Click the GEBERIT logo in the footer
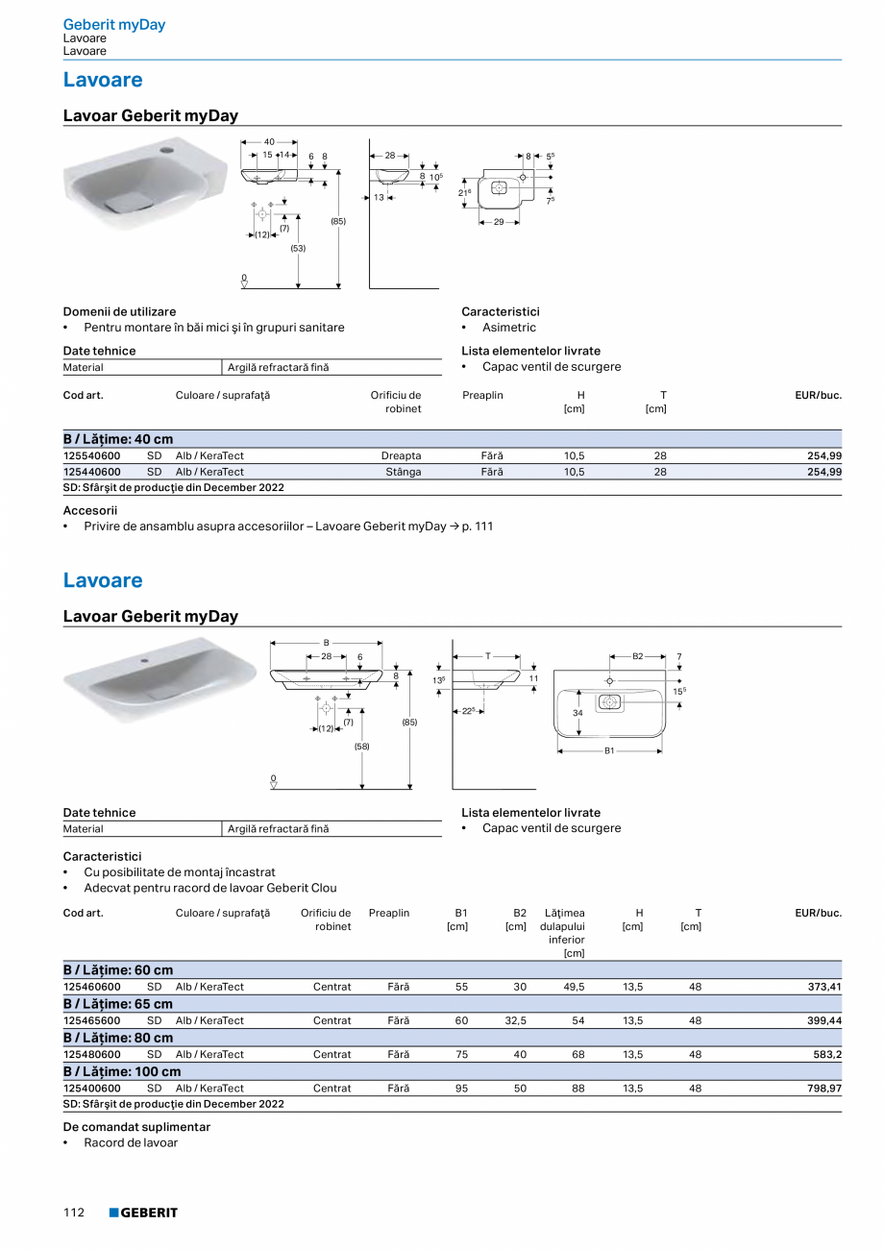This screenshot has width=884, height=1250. [x=143, y=1213]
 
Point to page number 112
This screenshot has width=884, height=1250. [x=74, y=1213]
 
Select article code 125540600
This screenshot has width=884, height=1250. [x=92, y=455]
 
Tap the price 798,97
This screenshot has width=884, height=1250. [x=823, y=1089]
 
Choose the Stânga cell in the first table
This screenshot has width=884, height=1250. [x=403, y=472]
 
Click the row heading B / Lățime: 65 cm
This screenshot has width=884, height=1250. [x=118, y=1004]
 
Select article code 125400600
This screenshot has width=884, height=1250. [x=92, y=1089]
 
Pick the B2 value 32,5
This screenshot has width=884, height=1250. [x=516, y=1020]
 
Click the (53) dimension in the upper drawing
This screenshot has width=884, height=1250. [x=298, y=248]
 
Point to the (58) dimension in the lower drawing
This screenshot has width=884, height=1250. [x=361, y=746]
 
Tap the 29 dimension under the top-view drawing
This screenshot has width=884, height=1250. [x=500, y=222]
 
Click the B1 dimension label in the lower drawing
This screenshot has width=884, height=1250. [x=609, y=750]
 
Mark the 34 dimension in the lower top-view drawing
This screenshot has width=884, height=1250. [x=578, y=713]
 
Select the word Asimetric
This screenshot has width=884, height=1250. [x=509, y=328]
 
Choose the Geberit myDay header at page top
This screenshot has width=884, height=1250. [x=114, y=25]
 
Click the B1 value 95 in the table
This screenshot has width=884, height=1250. [x=462, y=1089]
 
